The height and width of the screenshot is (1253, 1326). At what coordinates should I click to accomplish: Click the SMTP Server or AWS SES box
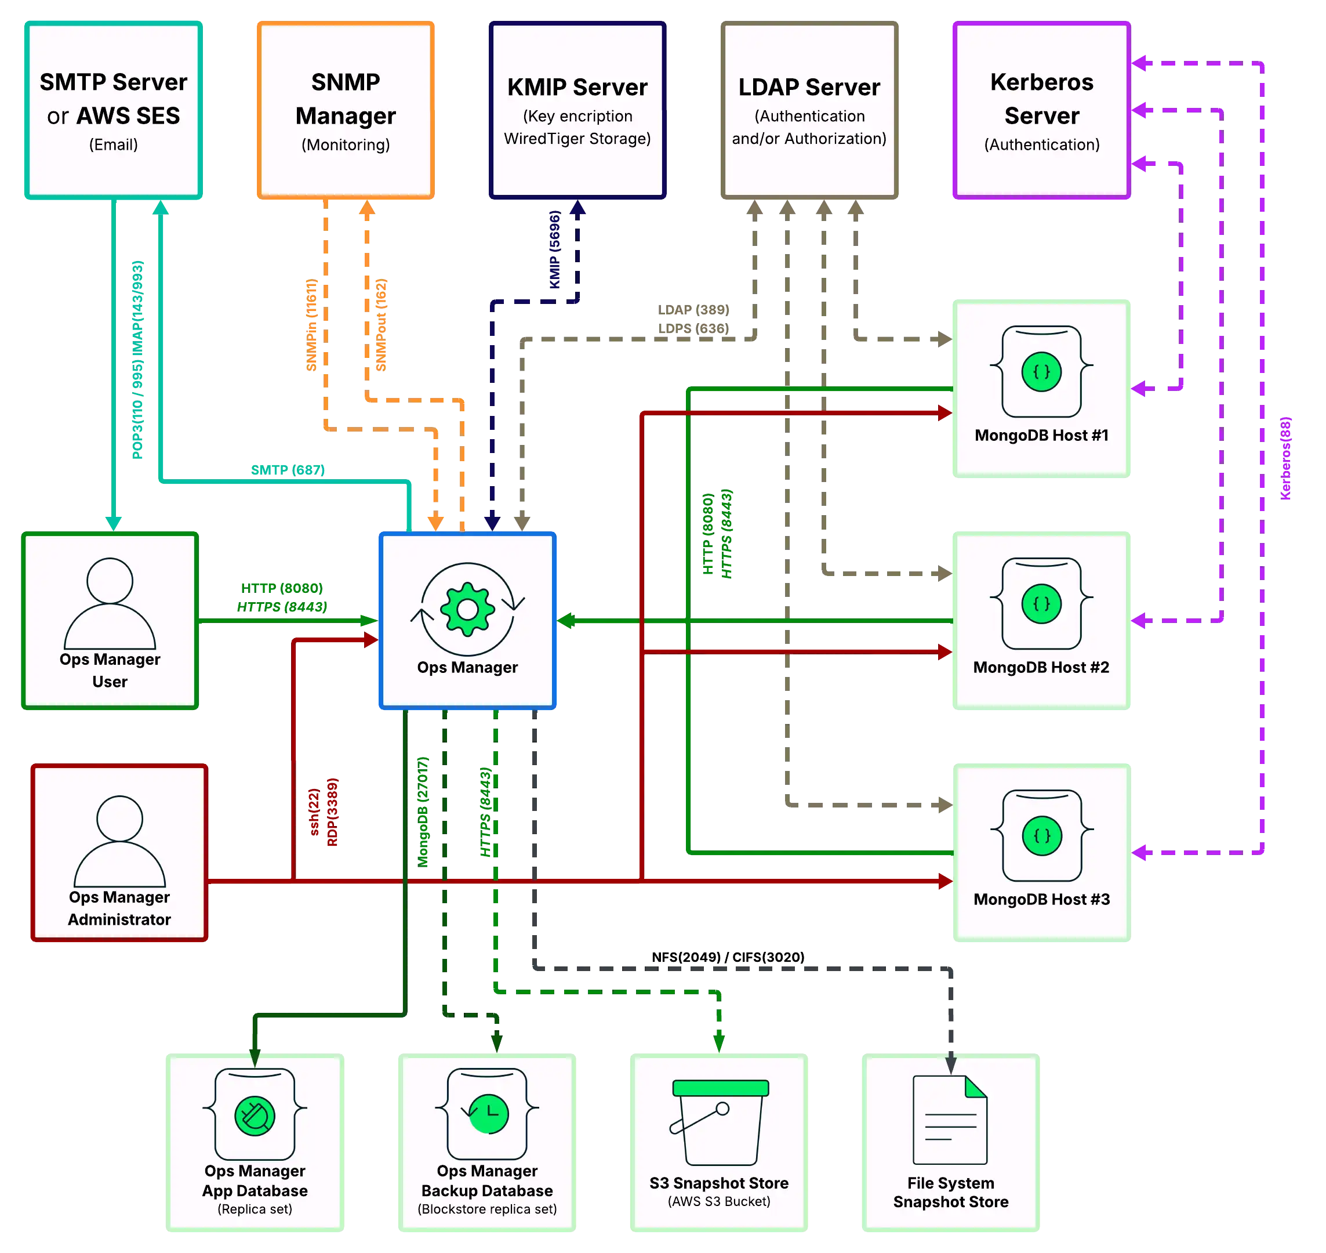114,110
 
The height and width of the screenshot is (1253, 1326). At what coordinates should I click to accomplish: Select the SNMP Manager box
345,110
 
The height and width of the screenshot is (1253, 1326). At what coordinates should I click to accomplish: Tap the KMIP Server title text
577,87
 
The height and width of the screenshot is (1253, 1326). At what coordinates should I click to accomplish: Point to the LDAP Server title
809,87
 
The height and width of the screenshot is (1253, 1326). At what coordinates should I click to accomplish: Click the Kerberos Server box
1041,110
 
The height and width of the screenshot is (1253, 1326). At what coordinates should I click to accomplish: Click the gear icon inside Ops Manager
467,609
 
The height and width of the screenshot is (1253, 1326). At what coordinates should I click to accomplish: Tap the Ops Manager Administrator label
119,908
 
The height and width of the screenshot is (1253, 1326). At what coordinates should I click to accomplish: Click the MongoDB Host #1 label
1041,436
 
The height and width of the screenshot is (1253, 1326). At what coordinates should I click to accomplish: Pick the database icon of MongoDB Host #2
1041,603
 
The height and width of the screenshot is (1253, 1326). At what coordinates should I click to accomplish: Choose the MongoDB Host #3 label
1041,899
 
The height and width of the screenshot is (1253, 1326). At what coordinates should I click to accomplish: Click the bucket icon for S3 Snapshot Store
719,1122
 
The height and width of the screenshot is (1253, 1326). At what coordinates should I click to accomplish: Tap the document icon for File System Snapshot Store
950,1120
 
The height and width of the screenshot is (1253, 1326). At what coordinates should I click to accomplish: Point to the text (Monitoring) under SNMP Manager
345,144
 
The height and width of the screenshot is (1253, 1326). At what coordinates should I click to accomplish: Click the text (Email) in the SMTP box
114,144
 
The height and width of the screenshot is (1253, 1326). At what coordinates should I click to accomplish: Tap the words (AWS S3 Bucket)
719,1201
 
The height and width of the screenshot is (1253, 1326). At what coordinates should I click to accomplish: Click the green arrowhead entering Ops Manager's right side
566,621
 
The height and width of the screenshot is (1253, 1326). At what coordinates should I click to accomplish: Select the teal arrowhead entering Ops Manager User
114,523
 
